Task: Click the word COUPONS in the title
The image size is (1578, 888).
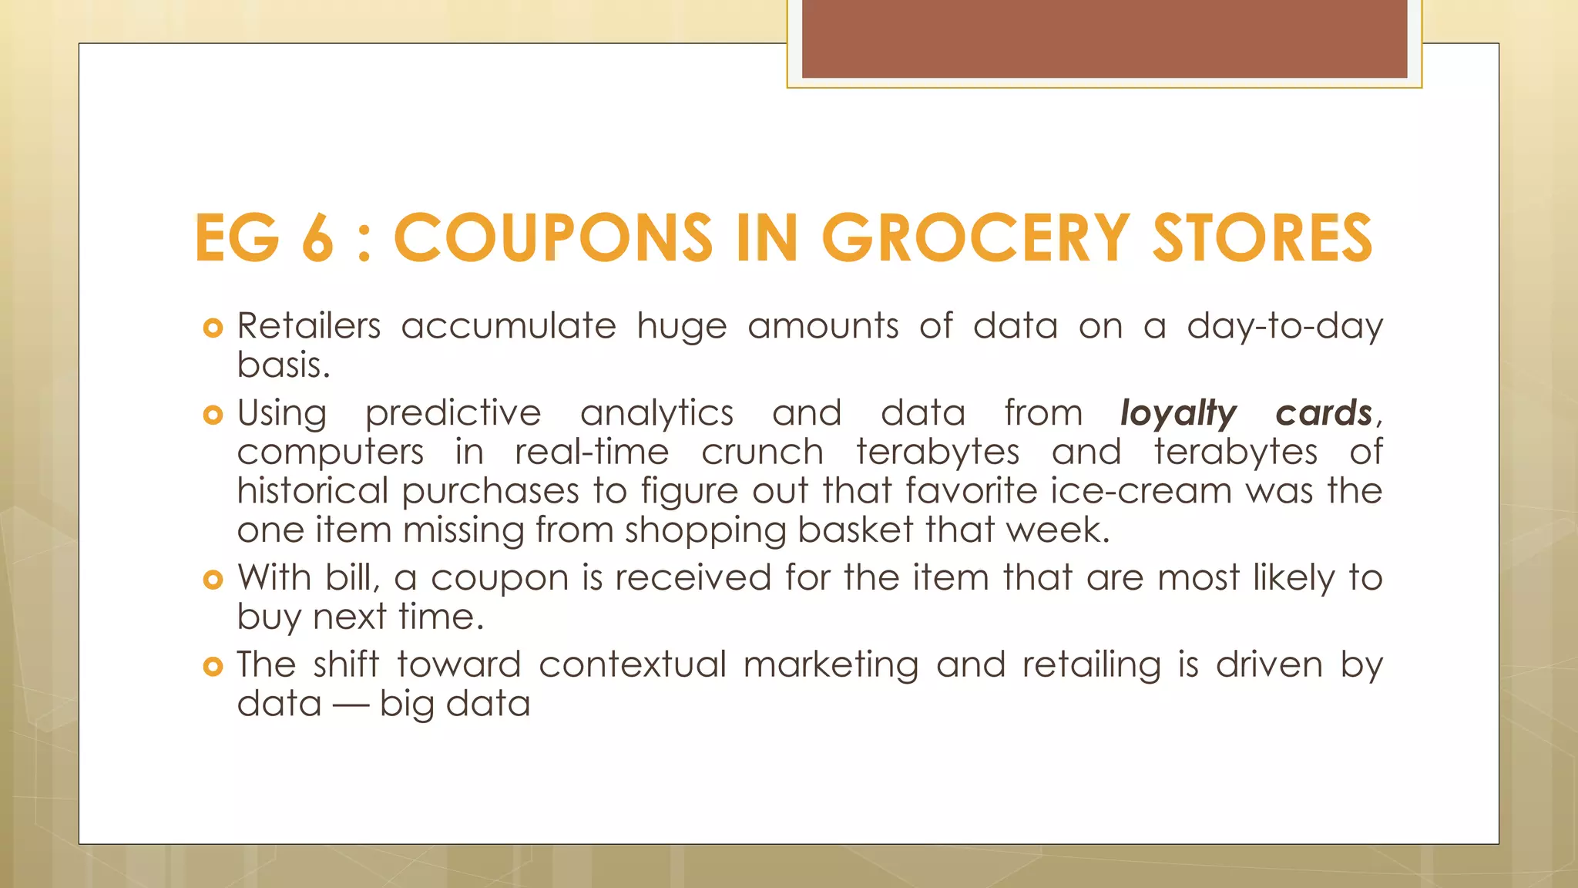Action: (553, 238)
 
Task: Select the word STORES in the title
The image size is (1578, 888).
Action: (1261, 238)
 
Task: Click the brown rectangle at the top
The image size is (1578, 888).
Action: (1104, 39)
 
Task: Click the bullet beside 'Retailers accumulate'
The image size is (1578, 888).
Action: (213, 328)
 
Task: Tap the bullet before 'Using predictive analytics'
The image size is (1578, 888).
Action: (213, 415)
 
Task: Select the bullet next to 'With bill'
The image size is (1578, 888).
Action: (213, 580)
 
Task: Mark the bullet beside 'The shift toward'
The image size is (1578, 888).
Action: (213, 667)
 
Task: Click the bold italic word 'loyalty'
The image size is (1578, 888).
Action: (1178, 414)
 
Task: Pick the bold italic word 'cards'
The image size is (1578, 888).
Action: (1324, 413)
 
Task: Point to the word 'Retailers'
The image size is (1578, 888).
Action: (308, 326)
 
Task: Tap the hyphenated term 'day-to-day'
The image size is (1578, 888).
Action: (1284, 327)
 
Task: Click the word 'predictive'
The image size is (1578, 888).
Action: (453, 414)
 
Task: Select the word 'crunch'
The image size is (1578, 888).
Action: (762, 452)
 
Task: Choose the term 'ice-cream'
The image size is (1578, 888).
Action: (1141, 491)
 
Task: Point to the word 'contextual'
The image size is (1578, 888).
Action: (632, 664)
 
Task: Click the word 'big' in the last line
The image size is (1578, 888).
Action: (405, 705)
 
